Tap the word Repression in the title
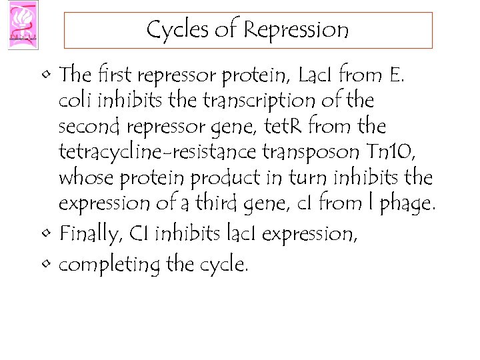click(296, 30)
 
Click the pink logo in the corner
click(23, 25)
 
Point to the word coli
click(75, 101)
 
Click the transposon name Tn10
click(397, 153)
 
